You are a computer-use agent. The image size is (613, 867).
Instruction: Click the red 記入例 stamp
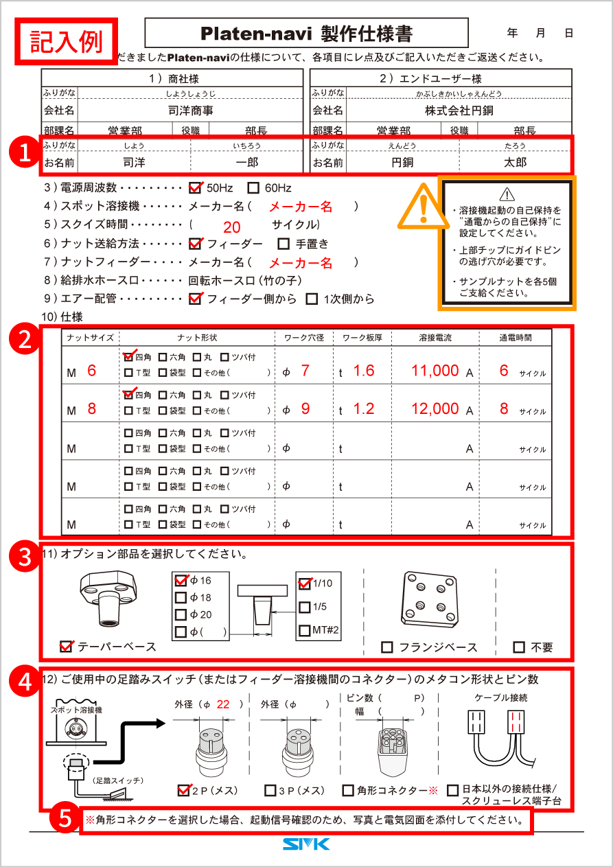click(x=67, y=41)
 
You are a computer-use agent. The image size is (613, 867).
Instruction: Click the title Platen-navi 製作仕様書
click(x=306, y=33)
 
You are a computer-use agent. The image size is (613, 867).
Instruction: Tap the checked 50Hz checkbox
click(x=195, y=187)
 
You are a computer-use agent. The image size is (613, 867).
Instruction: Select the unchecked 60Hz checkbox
click(x=253, y=187)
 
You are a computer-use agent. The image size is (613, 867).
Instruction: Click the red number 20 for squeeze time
click(x=232, y=228)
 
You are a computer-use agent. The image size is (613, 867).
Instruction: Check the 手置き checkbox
click(x=283, y=244)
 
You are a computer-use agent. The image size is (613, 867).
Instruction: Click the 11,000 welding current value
click(x=435, y=371)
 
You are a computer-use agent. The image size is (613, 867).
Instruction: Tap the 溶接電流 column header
click(x=439, y=337)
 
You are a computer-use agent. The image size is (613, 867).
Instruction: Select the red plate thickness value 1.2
click(x=363, y=409)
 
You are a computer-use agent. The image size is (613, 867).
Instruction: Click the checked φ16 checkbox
click(x=181, y=580)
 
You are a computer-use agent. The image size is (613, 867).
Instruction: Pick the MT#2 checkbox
click(x=305, y=630)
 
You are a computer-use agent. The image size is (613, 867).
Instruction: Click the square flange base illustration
click(x=429, y=599)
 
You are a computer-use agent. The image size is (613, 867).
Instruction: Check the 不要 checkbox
click(x=519, y=647)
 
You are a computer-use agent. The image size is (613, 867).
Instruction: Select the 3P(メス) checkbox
click(x=270, y=791)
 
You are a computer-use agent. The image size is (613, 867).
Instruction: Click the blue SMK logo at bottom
click(x=306, y=844)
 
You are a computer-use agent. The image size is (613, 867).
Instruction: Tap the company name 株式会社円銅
click(x=459, y=111)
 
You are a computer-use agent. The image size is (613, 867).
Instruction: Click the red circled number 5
click(x=63, y=818)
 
